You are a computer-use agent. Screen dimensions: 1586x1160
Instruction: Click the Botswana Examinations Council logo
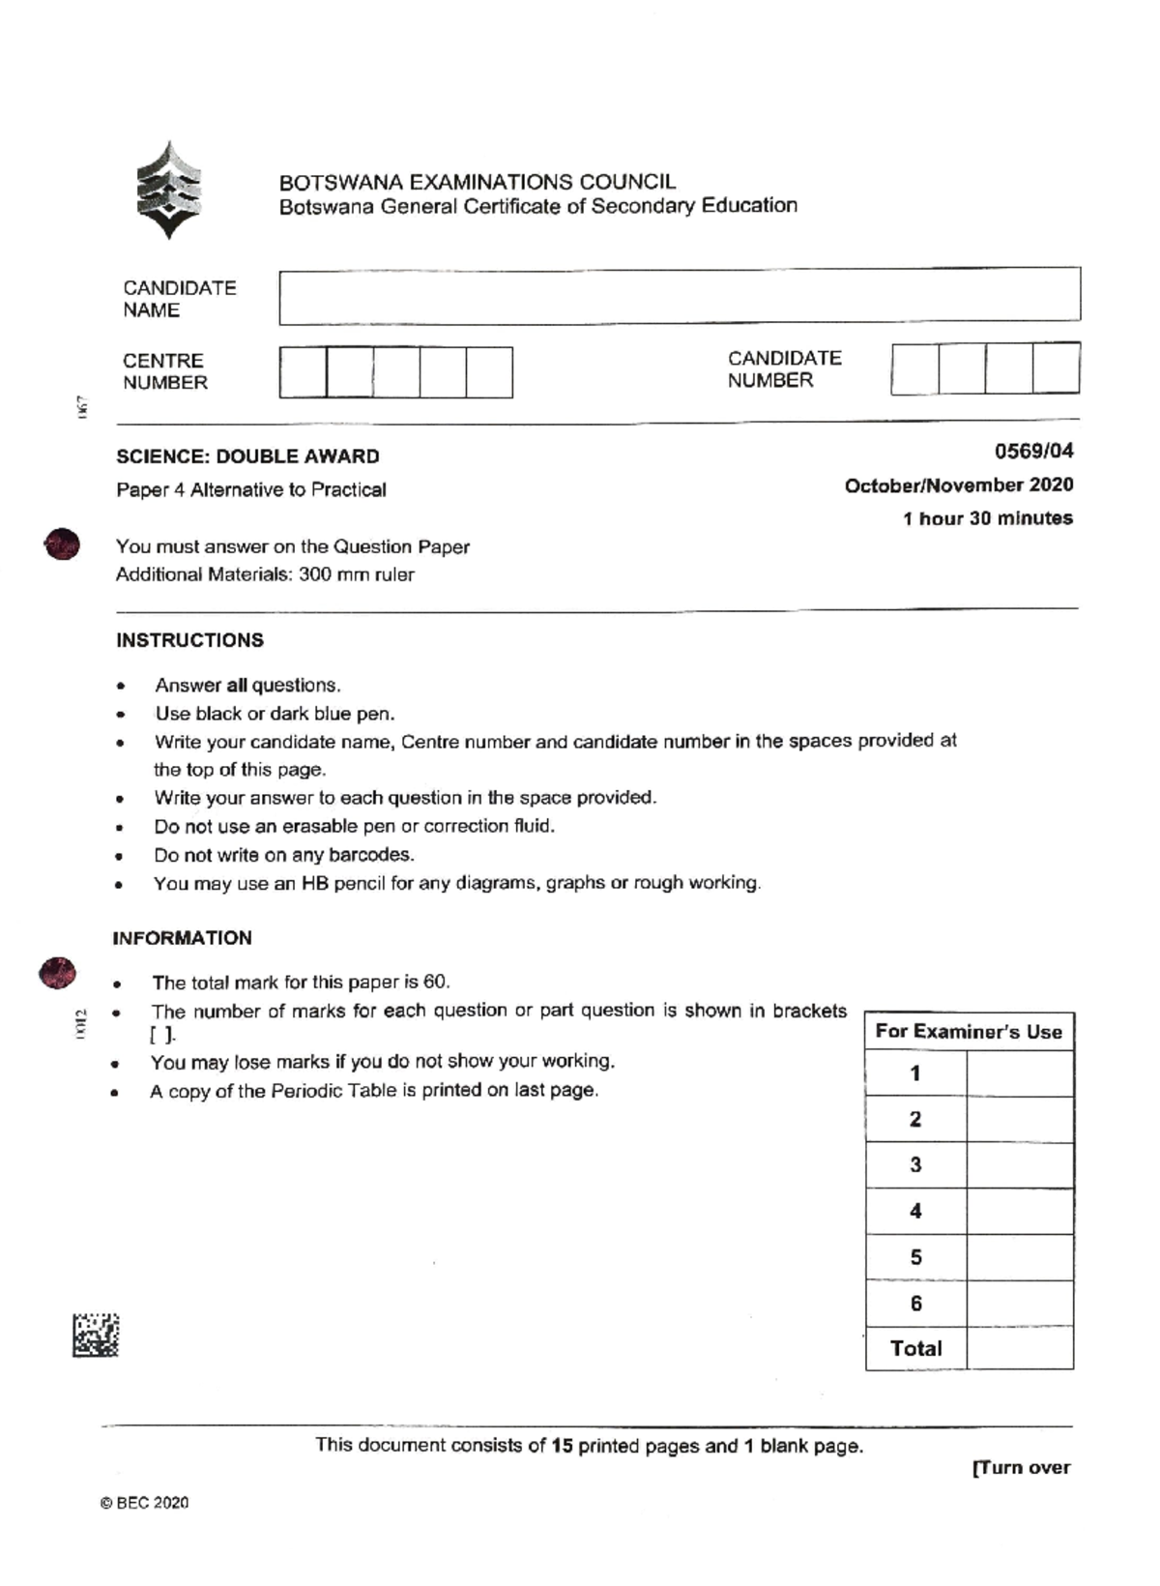coord(169,191)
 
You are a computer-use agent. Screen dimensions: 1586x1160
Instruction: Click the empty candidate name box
coord(679,296)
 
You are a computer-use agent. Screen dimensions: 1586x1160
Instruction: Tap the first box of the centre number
coord(304,372)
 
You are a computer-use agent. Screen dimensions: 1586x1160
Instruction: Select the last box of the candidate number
coord(1056,367)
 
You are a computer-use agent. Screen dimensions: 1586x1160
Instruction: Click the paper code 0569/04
coord(1033,451)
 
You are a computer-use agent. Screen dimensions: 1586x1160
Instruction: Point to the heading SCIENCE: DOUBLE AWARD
coord(247,456)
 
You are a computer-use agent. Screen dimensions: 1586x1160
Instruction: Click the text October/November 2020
coord(958,485)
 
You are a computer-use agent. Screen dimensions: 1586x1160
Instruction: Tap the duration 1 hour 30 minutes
coord(987,518)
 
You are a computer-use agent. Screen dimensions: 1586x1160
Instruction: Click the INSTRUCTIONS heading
coord(189,640)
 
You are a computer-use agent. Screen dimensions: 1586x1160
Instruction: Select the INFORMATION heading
coord(182,938)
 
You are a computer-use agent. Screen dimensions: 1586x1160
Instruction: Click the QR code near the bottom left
coord(96,1336)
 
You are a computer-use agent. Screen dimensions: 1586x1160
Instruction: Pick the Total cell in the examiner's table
coord(915,1348)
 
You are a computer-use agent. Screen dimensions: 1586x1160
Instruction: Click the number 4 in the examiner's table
coord(915,1211)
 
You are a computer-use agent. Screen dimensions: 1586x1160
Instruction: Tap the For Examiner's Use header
coord(969,1032)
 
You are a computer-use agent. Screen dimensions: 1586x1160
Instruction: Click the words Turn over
coord(1024,1468)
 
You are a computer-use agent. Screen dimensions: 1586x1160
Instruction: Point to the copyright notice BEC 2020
coord(145,1503)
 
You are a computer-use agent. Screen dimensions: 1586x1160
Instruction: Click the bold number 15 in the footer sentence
coord(563,1446)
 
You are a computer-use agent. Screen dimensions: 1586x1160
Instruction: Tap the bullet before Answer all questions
coord(121,687)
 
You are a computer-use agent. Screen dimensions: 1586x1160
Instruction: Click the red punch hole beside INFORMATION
coord(58,972)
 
